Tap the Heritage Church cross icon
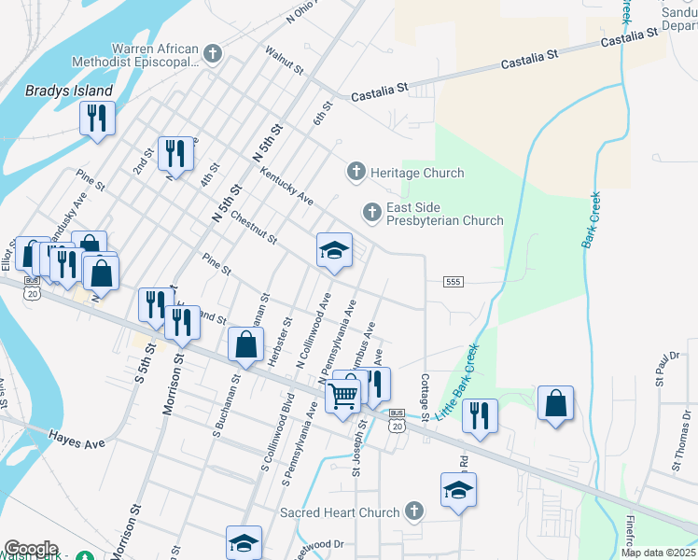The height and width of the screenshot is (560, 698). [355, 173]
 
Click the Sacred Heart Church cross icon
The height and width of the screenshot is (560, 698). [414, 512]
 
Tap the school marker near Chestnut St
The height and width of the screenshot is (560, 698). [334, 250]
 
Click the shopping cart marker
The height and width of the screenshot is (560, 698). [342, 395]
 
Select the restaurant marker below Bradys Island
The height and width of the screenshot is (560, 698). [96, 118]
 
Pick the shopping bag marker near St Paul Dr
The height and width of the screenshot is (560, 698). [555, 403]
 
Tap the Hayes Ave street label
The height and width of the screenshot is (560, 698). [77, 436]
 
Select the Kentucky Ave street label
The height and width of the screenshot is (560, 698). [287, 187]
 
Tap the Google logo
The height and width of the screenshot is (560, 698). [30, 549]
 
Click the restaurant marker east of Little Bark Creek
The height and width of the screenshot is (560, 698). [480, 416]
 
